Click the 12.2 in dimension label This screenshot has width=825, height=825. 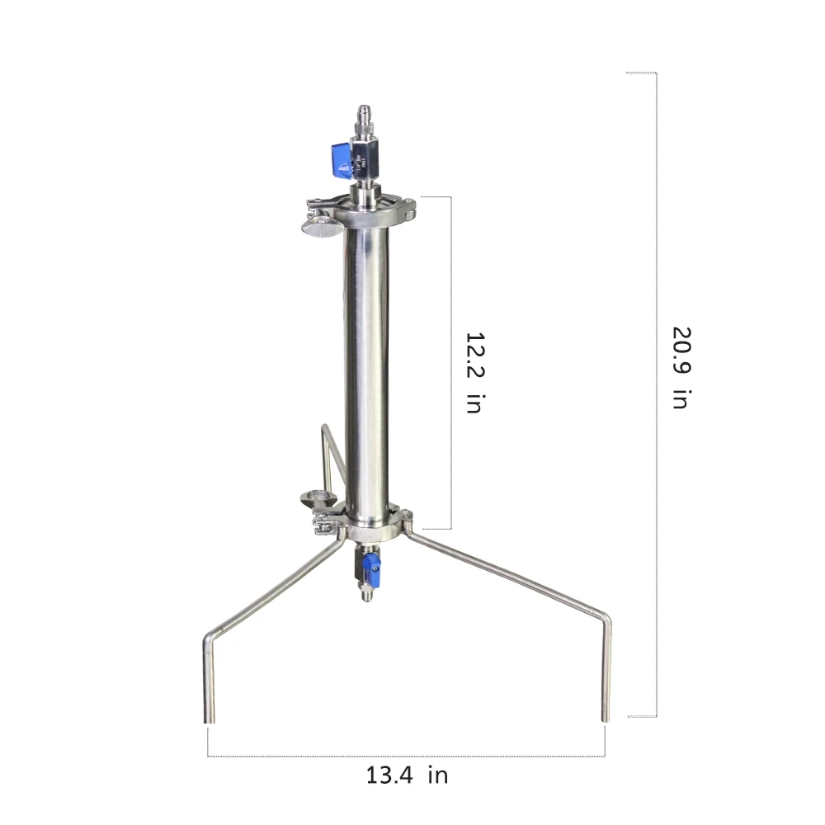point(474,372)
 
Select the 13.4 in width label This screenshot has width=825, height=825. point(407,775)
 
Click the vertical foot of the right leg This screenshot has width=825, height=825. point(606,676)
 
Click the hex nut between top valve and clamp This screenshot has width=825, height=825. point(364,196)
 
